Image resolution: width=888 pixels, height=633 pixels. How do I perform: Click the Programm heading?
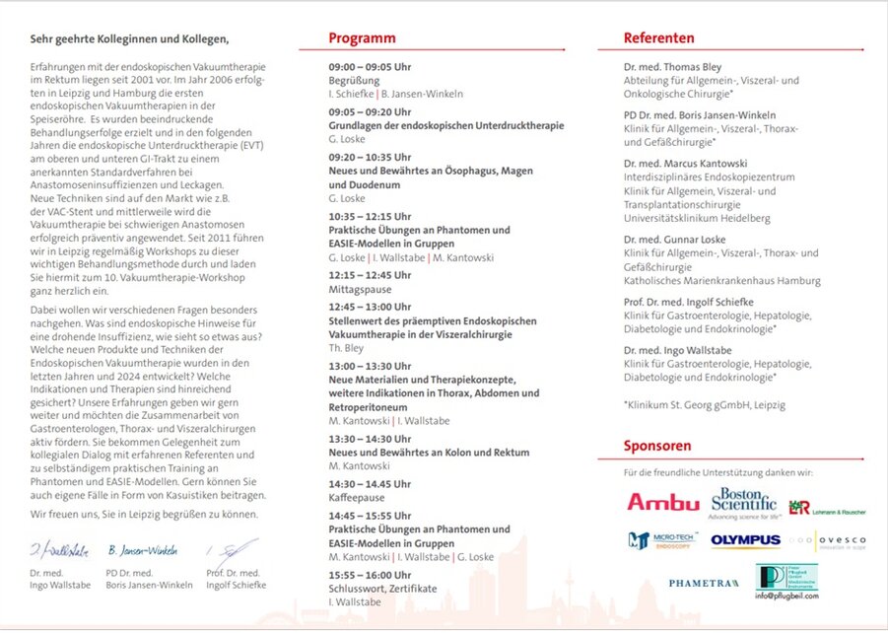point(362,38)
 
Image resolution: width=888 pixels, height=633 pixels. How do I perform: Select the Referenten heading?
point(658,38)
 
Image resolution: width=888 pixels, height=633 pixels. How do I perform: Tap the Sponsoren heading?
point(656,446)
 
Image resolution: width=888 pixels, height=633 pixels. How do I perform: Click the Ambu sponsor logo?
point(662,503)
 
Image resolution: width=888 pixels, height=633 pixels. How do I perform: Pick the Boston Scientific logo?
point(744,503)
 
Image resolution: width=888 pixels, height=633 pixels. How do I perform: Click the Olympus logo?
point(745,540)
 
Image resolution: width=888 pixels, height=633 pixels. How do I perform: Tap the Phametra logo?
point(704,583)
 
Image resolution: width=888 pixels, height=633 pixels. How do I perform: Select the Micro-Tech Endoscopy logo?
point(662,540)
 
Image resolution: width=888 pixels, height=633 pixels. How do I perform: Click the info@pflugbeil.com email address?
point(786,596)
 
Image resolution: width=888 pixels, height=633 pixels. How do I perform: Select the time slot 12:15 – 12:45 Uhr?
point(370,275)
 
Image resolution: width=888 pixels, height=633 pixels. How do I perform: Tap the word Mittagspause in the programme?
point(360,290)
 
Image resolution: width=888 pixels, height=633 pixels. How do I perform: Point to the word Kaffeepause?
point(357,498)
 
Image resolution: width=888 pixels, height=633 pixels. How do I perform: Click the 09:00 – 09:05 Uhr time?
point(370,67)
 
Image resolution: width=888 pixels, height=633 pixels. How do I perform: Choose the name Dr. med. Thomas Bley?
point(672,67)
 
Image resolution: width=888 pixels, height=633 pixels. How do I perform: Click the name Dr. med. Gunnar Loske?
point(674,240)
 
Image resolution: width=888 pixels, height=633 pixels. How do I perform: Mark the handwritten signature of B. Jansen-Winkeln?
point(144,550)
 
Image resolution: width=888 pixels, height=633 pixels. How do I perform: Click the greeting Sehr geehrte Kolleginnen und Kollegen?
point(129,39)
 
